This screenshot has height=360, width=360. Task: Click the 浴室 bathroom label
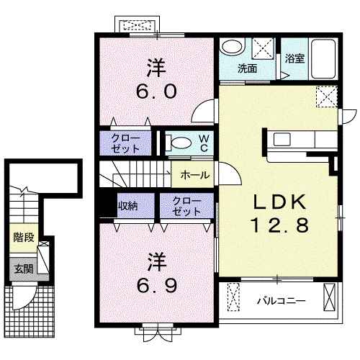[x=294, y=58]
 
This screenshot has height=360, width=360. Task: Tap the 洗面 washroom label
[x=247, y=69]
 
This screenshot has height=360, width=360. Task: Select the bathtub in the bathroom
[x=323, y=59]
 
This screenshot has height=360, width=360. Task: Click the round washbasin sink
[x=232, y=47]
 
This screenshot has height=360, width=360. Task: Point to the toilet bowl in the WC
[x=181, y=143]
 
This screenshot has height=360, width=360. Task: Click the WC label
[x=204, y=143]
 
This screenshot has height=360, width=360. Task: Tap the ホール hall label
[x=195, y=175]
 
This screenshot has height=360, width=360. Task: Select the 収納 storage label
[x=127, y=206]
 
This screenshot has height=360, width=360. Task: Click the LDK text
[x=280, y=202]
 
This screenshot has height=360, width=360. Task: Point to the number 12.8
[x=280, y=225]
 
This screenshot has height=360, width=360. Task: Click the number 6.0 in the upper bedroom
[x=156, y=91]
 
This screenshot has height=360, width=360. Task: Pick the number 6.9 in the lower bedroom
[x=157, y=285]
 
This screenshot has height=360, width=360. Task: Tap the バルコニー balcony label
[x=282, y=301]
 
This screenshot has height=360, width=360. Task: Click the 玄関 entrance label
[x=24, y=269]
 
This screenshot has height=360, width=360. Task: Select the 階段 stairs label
[x=24, y=238]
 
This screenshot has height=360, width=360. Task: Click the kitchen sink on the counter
[x=282, y=139]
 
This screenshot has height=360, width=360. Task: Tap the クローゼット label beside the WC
[x=125, y=143]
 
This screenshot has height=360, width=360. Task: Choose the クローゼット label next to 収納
[x=186, y=206]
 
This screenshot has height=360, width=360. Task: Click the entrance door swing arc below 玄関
[x=29, y=303]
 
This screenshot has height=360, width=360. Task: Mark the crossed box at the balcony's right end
[x=329, y=297]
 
